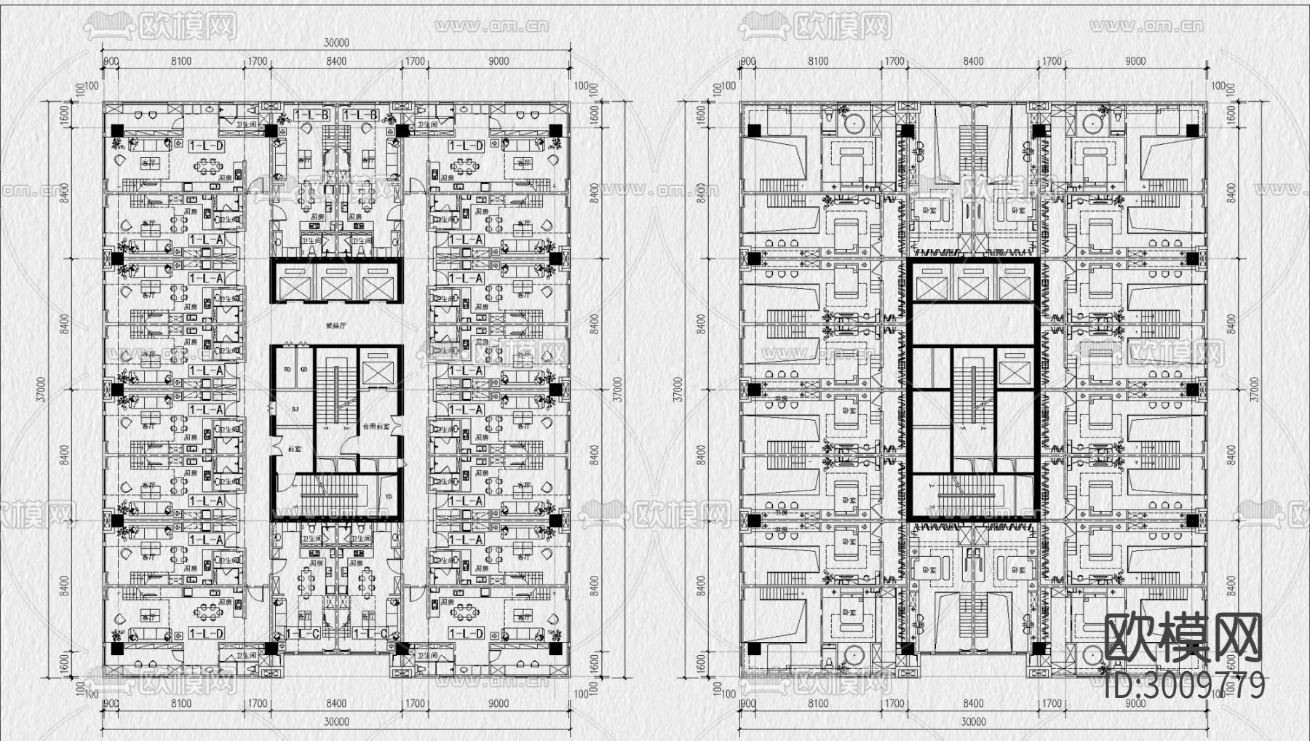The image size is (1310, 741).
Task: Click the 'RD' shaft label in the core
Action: tap(287, 370)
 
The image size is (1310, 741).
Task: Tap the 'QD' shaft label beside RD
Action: tap(303, 370)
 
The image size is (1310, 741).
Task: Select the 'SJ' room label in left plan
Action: tap(295, 410)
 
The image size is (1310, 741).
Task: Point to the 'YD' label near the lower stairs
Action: tap(387, 497)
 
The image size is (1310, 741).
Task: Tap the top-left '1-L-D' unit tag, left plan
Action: tap(206, 146)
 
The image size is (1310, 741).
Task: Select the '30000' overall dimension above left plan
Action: tap(336, 43)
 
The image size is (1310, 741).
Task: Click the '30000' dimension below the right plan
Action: tap(974, 722)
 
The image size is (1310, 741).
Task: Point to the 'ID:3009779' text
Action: tap(1184, 685)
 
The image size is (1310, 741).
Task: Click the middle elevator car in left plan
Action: tap(336, 282)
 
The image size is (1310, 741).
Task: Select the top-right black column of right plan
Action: tap(1192, 131)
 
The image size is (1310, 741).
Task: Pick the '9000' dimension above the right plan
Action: tap(1135, 62)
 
